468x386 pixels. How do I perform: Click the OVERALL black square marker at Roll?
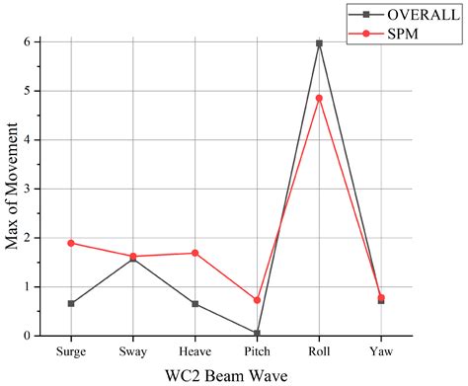coord(318,43)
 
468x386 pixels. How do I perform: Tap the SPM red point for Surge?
coord(71,243)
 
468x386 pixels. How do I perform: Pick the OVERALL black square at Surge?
coord(71,304)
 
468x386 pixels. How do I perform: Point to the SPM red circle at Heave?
coord(195,253)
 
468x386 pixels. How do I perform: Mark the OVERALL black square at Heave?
coord(195,304)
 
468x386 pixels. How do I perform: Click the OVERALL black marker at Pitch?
coord(257,333)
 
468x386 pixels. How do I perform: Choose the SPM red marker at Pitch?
coord(257,300)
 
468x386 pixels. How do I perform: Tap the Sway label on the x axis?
coord(133,350)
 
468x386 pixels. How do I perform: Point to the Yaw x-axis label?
coord(380,350)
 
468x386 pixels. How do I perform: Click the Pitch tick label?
coord(257,350)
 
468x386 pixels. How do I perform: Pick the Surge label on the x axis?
coord(71,350)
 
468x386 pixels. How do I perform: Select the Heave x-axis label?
coord(195,350)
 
